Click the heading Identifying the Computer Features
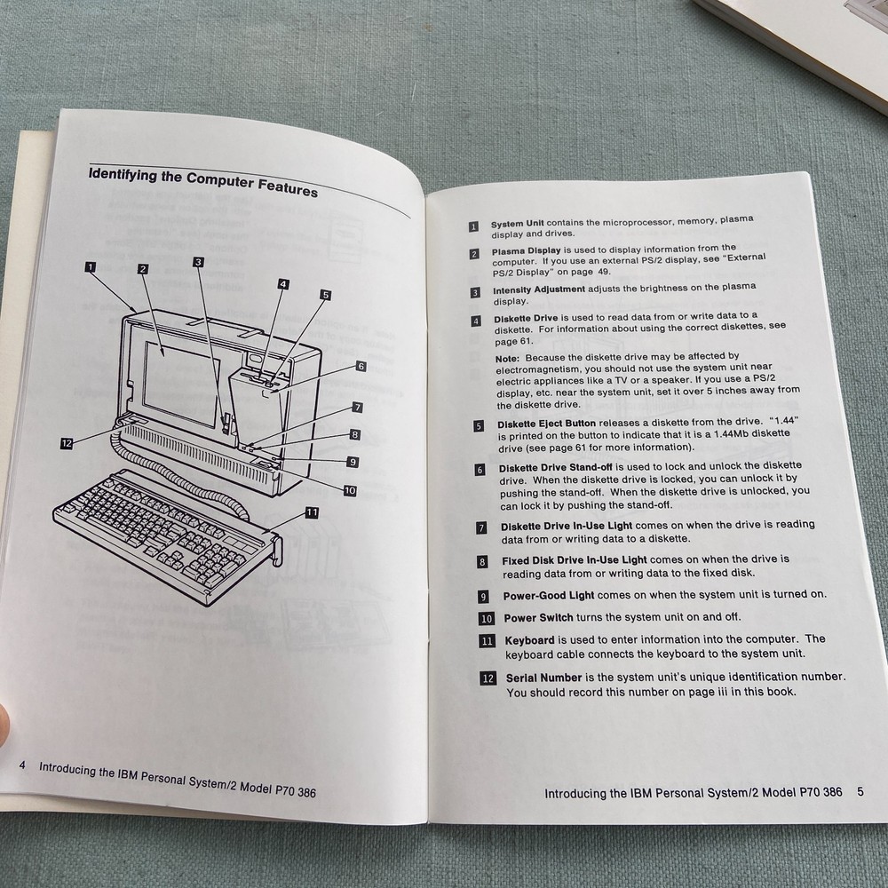pos(202,180)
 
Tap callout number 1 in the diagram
pos(91,265)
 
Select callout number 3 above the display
pos(198,262)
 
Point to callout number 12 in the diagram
pos(67,444)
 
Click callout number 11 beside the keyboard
pos(312,511)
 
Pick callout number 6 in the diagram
pos(361,366)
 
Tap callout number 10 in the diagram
pos(349,489)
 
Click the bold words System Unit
pos(518,224)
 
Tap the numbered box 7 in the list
pos(481,527)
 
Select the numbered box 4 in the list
pos(476,321)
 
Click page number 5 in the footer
pos(860,789)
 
